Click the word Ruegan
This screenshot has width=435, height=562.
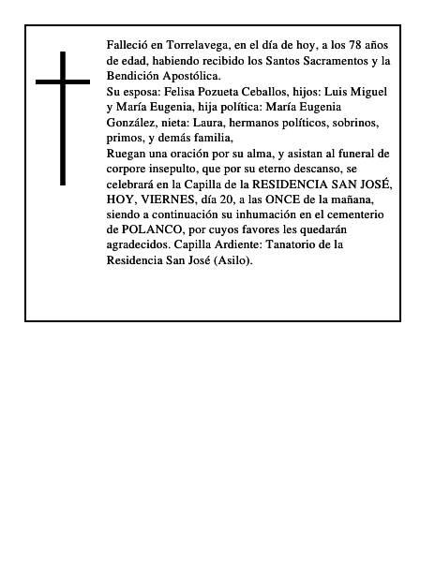coord(128,154)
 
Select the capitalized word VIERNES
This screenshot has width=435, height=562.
coord(174,200)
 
